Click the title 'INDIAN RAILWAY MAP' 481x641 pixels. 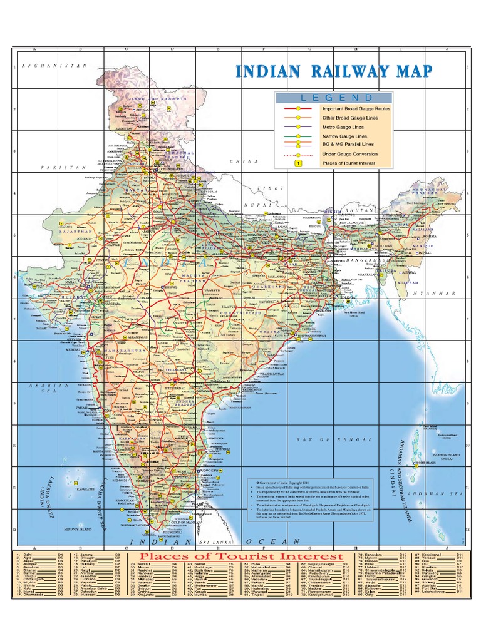[x=333, y=71]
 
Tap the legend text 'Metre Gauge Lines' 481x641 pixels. [x=344, y=126]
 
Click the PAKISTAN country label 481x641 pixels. [x=63, y=168]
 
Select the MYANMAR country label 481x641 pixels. [x=432, y=293]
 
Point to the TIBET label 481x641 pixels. [x=276, y=188]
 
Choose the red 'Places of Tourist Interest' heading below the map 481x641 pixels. [x=240, y=556]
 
